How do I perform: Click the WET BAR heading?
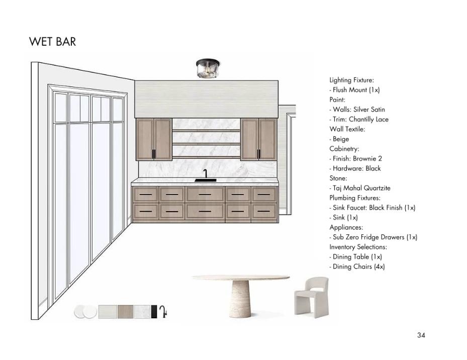pyautogui.click(x=52, y=41)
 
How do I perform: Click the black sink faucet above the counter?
pyautogui.click(x=205, y=173)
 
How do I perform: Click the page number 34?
pyautogui.click(x=421, y=335)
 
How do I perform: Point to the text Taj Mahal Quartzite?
pyautogui.click(x=361, y=188)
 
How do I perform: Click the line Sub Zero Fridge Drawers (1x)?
pyautogui.click(x=375, y=237)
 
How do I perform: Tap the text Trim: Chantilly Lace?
pyautogui.click(x=360, y=119)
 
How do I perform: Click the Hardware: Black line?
pyautogui.click(x=356, y=168)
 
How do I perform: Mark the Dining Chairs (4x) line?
pyautogui.click(x=358, y=267)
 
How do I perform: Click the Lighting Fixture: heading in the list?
pyautogui.click(x=351, y=80)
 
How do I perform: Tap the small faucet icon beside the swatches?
pyautogui.click(x=163, y=312)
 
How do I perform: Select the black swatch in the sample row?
pyautogui.click(x=154, y=312)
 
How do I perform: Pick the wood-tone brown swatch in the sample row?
pyautogui.click(x=125, y=312)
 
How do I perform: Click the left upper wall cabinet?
pyautogui.click(x=154, y=139)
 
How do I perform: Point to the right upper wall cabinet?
pyautogui.click(x=258, y=139)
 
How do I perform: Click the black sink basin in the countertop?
pyautogui.click(x=205, y=179)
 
